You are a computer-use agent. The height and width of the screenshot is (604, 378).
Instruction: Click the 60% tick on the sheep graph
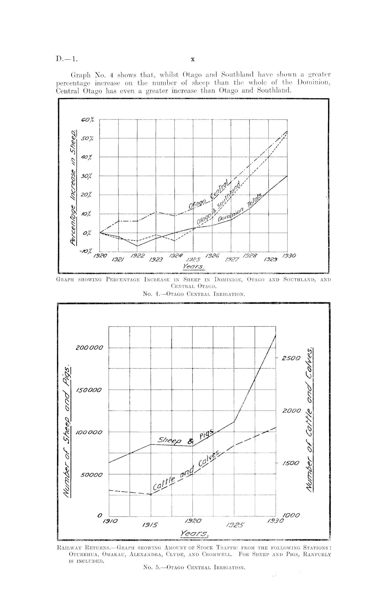click(x=88, y=120)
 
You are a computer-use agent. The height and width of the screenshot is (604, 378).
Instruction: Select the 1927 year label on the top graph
click(x=232, y=260)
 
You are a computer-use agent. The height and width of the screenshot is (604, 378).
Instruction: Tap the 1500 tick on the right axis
click(x=290, y=464)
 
